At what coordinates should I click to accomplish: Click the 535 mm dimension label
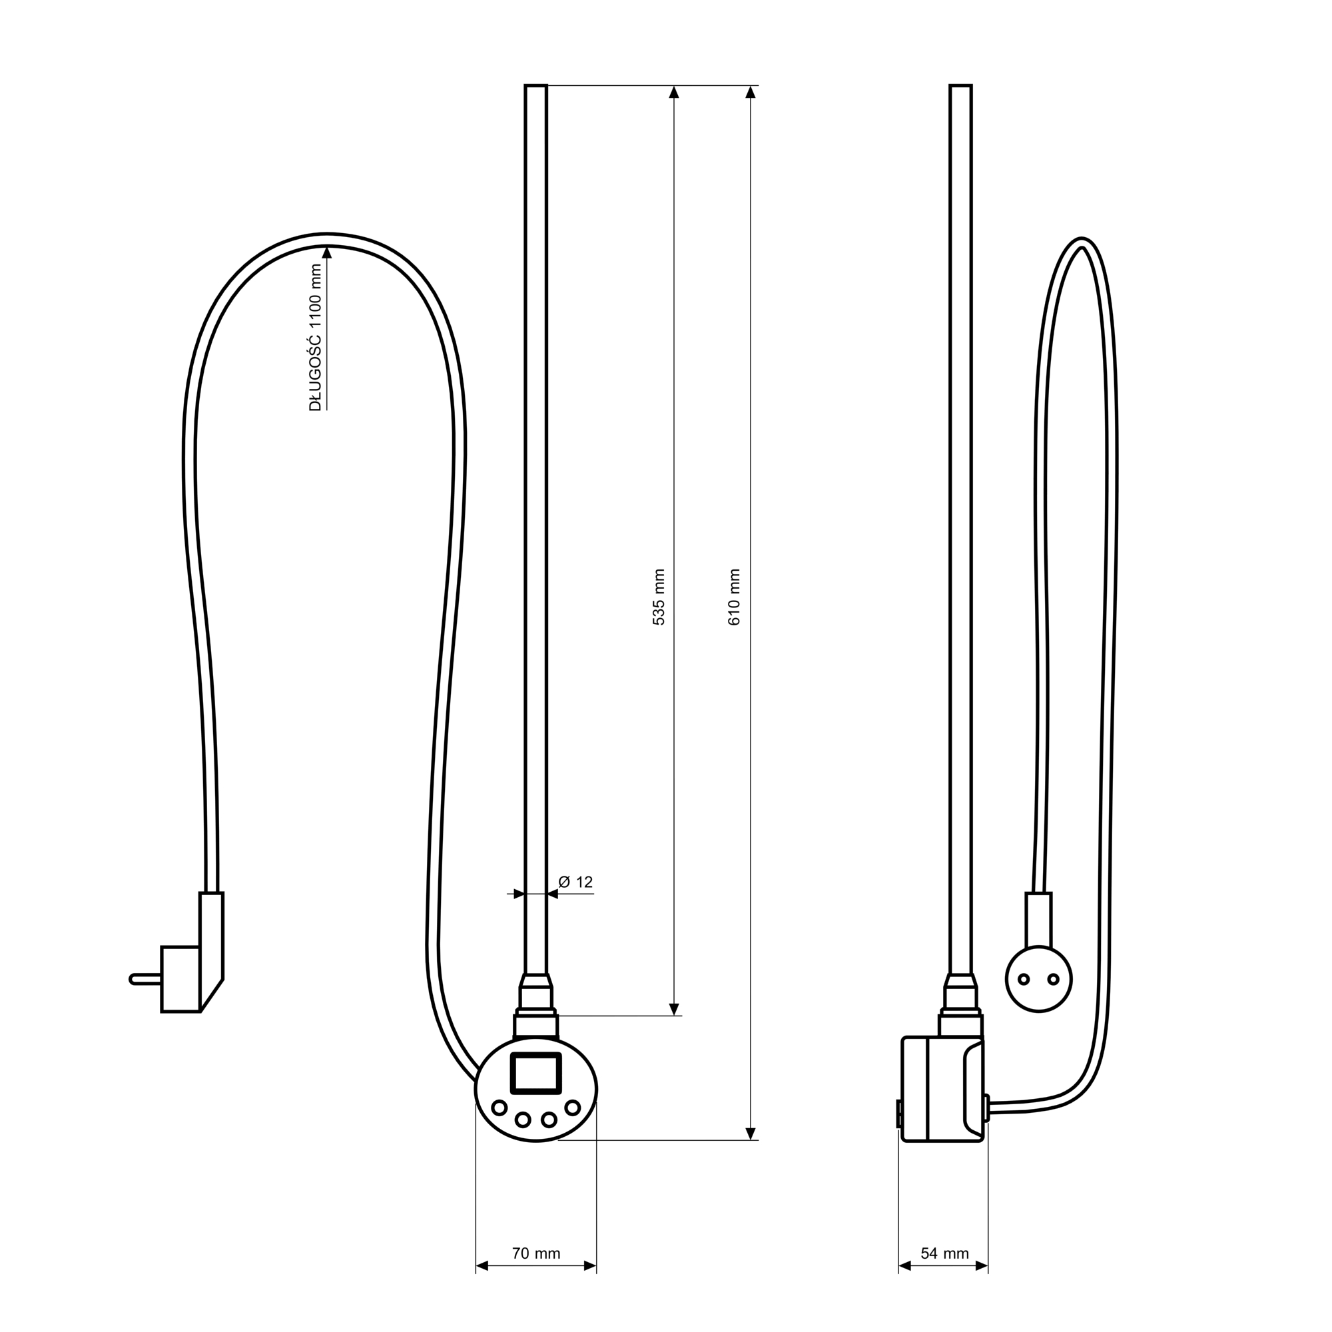click(659, 597)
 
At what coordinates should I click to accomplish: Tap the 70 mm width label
click(535, 1253)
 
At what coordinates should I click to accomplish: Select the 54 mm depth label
click(944, 1253)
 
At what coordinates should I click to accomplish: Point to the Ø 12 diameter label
click(575, 882)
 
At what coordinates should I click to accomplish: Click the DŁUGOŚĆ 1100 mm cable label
click(315, 338)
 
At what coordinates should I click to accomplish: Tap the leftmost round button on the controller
click(498, 1108)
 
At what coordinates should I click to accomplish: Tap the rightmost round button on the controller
click(572, 1108)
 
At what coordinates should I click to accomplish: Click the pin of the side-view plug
click(145, 979)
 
